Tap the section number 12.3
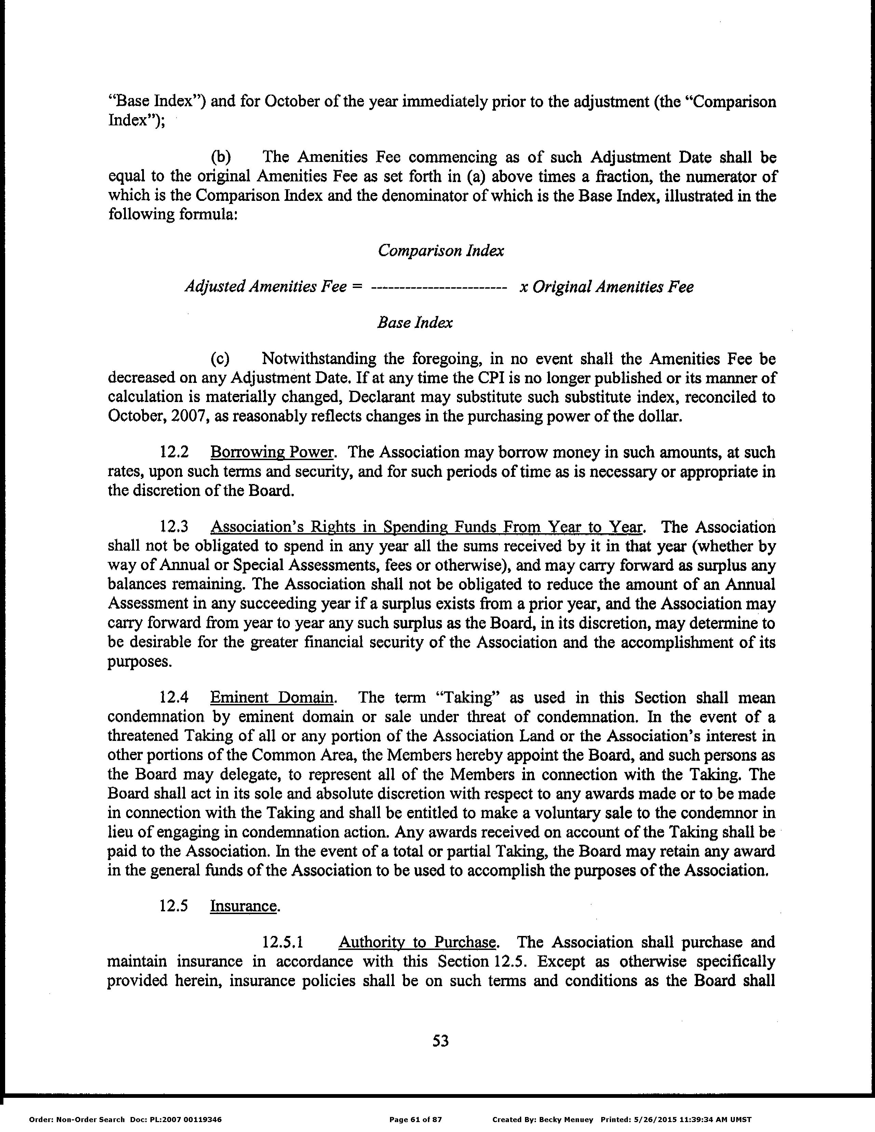(x=173, y=527)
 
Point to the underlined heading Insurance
(x=243, y=906)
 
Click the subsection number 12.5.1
(x=283, y=942)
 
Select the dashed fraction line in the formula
(x=439, y=287)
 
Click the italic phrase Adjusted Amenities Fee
(x=266, y=287)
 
